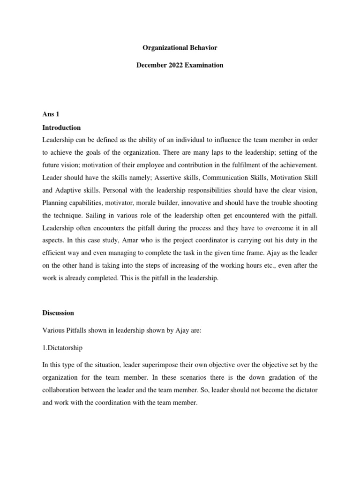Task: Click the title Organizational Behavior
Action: point(180,47)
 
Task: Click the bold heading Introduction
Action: point(61,127)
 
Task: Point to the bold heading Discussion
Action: point(58,313)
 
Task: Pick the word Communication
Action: point(218,178)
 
